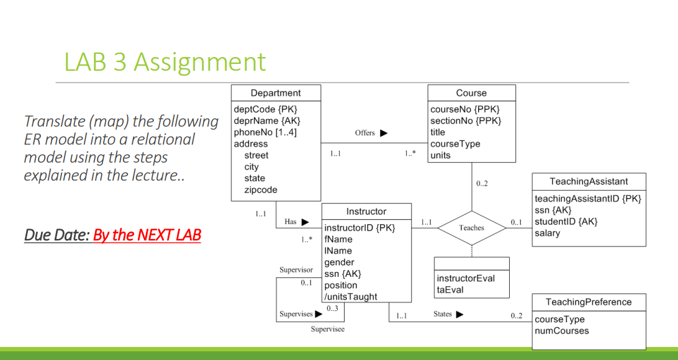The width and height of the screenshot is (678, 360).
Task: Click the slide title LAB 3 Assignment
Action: point(165,62)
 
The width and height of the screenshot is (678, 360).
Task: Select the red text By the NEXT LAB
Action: point(147,235)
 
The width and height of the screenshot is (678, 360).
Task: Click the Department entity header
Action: point(276,93)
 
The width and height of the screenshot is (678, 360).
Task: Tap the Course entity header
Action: point(471,93)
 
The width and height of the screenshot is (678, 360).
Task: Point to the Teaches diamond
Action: point(471,228)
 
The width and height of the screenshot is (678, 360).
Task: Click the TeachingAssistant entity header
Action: point(589,181)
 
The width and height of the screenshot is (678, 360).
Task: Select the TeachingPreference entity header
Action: point(589,302)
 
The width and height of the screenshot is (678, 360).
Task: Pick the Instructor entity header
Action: point(366,211)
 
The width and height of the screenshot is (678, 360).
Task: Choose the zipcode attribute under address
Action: point(261,190)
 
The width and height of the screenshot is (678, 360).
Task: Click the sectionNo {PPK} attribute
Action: point(466,121)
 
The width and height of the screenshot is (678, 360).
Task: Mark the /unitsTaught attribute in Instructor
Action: point(351,297)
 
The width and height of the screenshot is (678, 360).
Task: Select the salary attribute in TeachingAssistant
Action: point(548,233)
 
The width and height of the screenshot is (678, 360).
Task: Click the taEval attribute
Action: point(450,290)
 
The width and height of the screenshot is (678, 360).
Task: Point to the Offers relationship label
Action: point(365,133)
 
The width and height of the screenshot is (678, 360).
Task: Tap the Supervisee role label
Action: point(327,329)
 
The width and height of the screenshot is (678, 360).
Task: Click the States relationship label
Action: point(443,314)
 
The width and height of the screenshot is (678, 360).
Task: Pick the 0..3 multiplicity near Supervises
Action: point(332,308)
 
